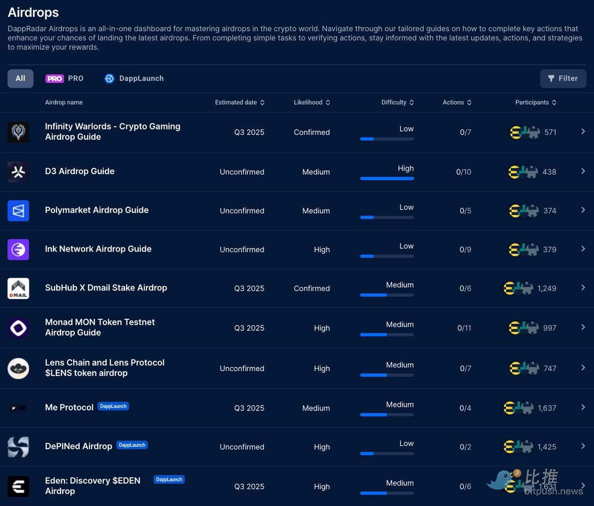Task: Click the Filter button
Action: click(x=563, y=79)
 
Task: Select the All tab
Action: click(x=20, y=79)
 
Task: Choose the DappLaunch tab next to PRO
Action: click(x=134, y=79)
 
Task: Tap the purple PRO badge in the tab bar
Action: click(x=55, y=79)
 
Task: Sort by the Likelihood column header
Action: click(x=312, y=103)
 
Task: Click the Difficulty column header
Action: click(x=397, y=103)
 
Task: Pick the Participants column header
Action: click(x=536, y=103)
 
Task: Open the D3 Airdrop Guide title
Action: click(x=80, y=171)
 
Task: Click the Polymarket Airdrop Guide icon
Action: click(x=19, y=211)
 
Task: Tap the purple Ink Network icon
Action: click(x=19, y=249)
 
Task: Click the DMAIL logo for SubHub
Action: click(x=19, y=288)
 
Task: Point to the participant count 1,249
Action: click(x=547, y=288)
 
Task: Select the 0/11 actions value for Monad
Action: click(x=464, y=328)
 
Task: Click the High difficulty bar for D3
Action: click(x=387, y=178)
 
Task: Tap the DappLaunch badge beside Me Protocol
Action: click(x=114, y=406)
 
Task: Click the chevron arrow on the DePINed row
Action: click(x=583, y=446)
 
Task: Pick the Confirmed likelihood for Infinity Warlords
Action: click(x=312, y=133)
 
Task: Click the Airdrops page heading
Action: click(x=33, y=13)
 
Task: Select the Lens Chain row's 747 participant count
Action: click(x=550, y=368)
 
